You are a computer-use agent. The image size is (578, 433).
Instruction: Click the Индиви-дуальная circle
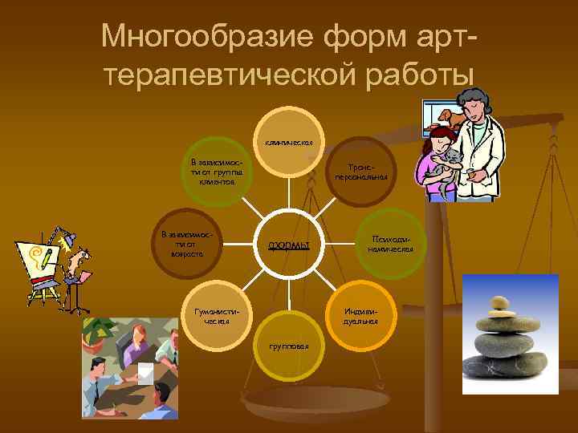(x=360, y=315)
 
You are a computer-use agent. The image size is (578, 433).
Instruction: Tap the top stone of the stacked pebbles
(x=499, y=302)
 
